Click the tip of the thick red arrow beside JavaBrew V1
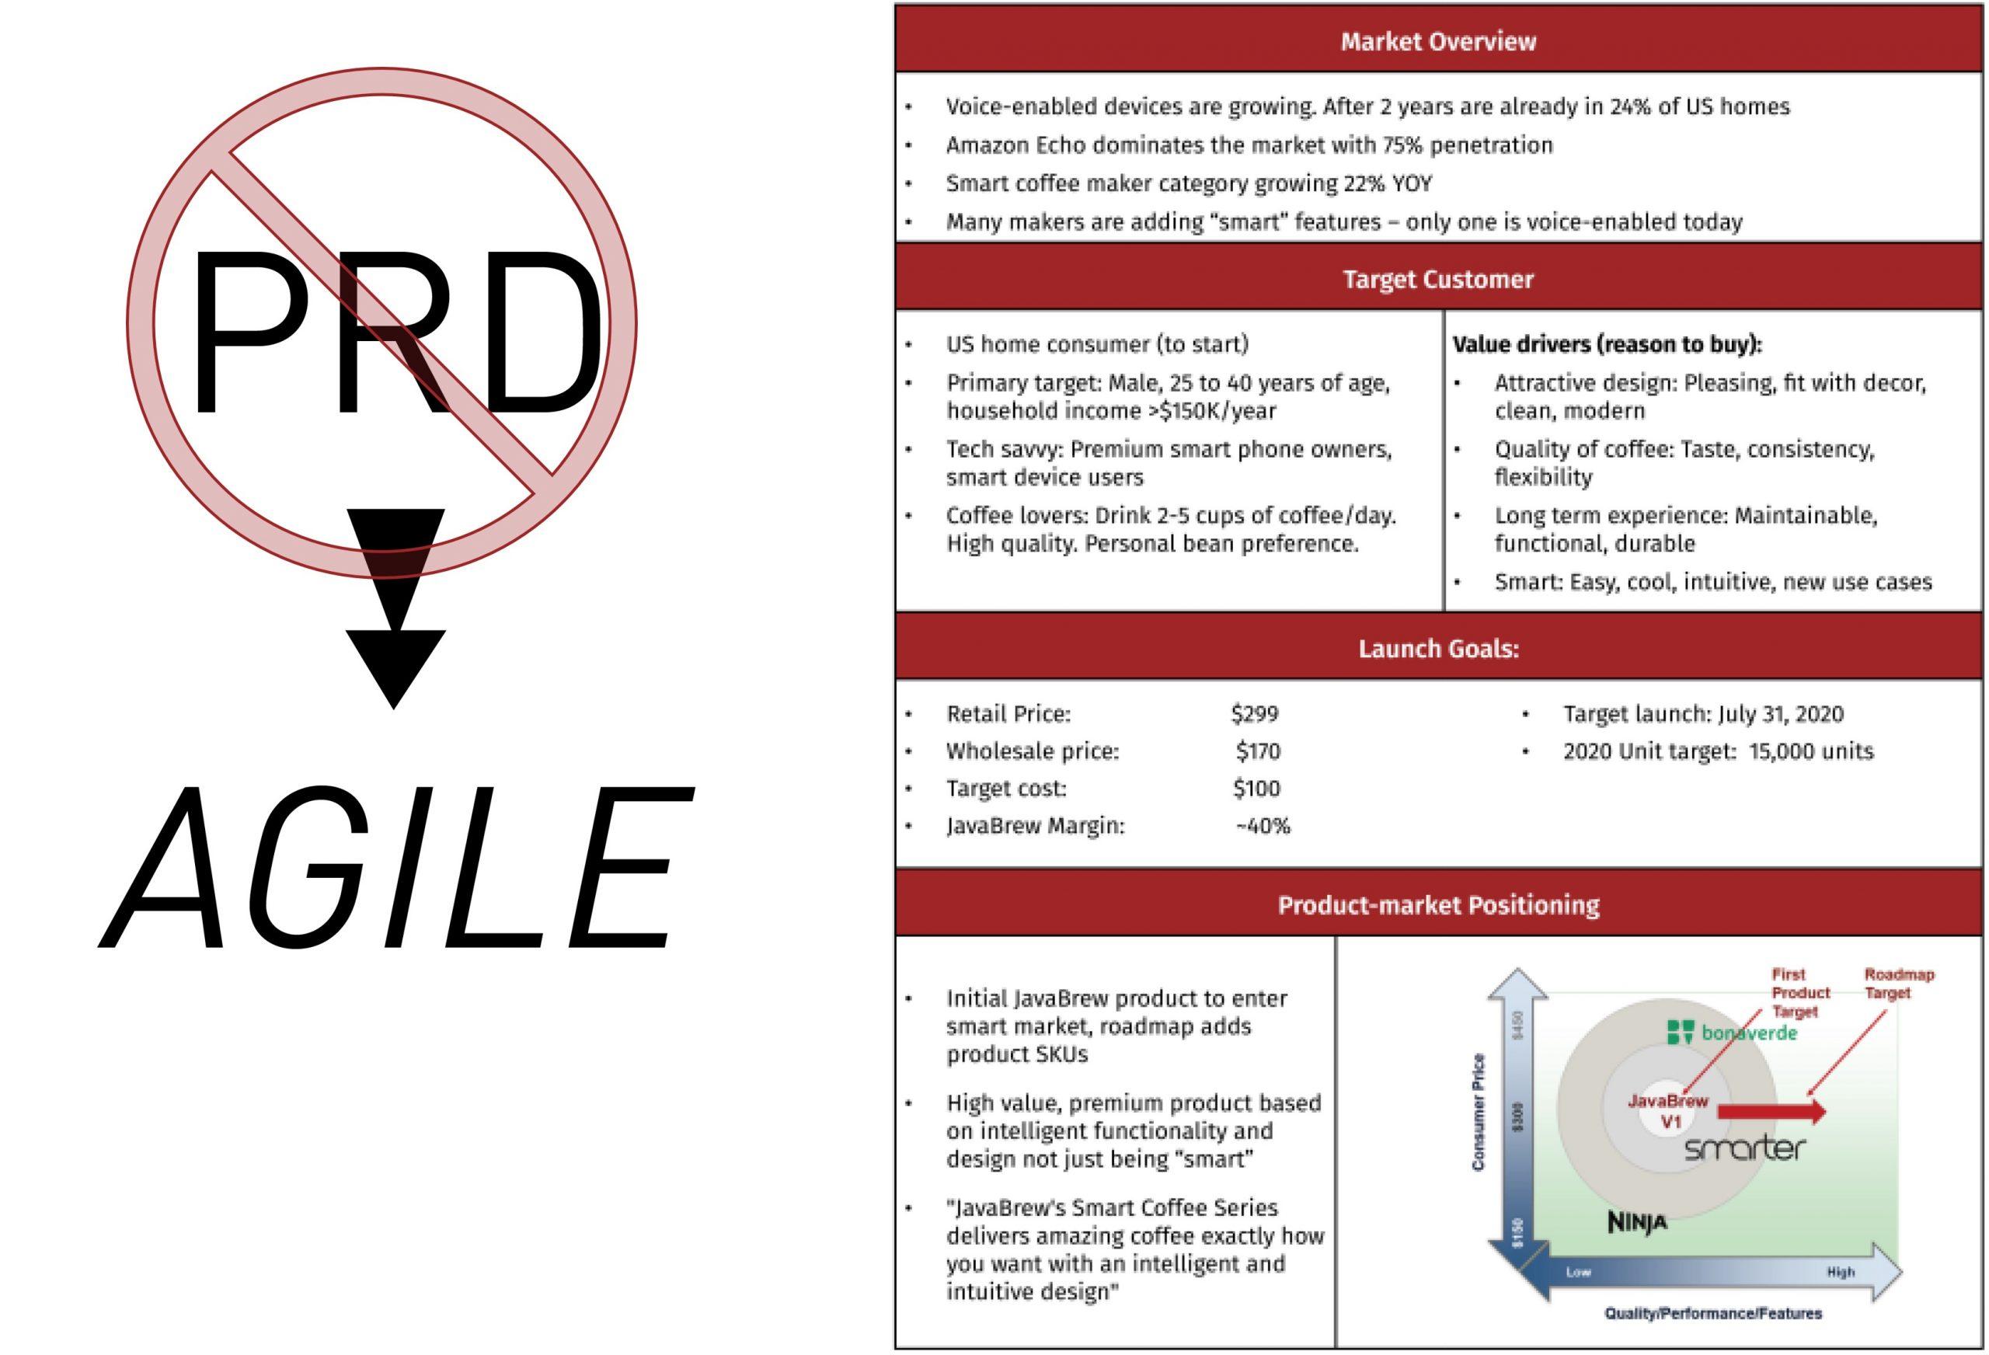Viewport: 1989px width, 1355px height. tap(1827, 1112)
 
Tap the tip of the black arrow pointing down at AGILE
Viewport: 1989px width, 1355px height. tap(395, 709)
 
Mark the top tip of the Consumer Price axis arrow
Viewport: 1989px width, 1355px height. tap(1517, 969)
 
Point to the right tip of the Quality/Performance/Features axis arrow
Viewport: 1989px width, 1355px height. tap(1902, 1272)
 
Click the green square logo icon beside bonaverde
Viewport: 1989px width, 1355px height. tap(1681, 1033)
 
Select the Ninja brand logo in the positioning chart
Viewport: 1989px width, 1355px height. tap(1637, 1221)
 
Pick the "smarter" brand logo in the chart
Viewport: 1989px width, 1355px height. tap(1745, 1148)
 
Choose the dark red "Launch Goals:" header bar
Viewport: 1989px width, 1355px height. tap(1439, 648)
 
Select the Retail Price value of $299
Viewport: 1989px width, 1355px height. tap(1255, 713)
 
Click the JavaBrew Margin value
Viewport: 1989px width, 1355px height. tap(1263, 826)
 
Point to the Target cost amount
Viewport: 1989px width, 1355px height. tap(1256, 789)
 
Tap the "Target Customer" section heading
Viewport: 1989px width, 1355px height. tap(1438, 279)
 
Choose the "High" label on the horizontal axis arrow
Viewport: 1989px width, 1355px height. tap(1841, 1272)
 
